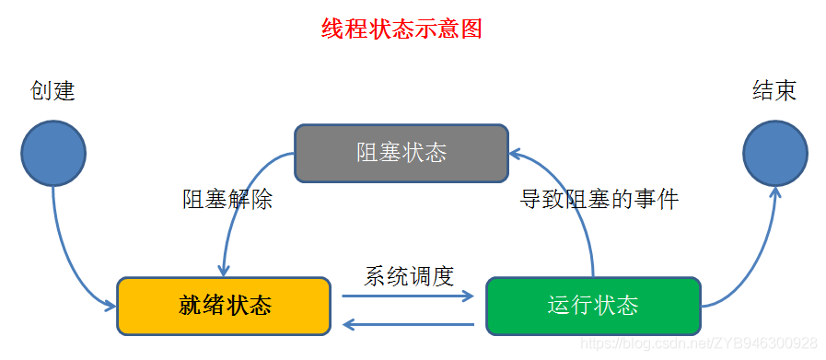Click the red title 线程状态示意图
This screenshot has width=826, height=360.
point(401,29)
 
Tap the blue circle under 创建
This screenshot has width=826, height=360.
point(53,154)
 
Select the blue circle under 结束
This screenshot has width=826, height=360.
point(775,153)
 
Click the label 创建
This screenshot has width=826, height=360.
point(52,91)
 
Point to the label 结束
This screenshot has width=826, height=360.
point(774,90)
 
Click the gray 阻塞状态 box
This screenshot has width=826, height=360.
point(401,152)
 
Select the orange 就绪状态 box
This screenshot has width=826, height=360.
point(224,305)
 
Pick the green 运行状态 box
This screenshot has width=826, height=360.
point(592,305)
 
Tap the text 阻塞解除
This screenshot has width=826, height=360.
point(227,200)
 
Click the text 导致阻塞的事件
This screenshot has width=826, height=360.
point(599,199)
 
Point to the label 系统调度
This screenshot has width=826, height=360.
point(409,275)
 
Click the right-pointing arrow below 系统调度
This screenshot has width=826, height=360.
point(407,296)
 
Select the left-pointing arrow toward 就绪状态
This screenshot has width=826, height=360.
point(407,324)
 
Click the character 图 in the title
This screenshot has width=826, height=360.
point(471,29)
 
